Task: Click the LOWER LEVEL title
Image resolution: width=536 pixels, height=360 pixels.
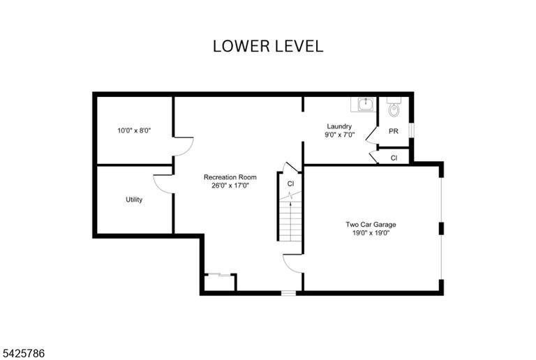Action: (268, 46)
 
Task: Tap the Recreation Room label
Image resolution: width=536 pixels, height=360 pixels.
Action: (230, 177)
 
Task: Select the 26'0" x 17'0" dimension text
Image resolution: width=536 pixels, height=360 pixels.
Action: (230, 186)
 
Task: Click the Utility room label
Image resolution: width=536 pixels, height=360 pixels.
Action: (134, 200)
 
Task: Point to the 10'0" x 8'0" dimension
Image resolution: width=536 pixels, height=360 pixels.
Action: (134, 130)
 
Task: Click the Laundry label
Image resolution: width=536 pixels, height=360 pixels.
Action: (339, 126)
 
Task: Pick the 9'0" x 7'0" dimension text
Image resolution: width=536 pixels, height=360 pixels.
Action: (339, 135)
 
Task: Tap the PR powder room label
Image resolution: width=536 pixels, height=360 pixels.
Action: (394, 131)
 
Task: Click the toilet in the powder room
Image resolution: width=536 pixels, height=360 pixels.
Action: (394, 107)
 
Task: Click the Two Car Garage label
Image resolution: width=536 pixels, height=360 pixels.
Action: (371, 225)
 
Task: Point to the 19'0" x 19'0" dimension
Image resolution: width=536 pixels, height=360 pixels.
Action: (371, 233)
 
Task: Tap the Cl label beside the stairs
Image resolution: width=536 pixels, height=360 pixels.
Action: (290, 183)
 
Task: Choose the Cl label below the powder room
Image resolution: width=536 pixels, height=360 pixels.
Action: (394, 158)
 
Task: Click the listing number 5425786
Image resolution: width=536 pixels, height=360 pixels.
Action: (22, 353)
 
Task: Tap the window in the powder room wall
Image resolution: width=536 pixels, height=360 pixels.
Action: (412, 130)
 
